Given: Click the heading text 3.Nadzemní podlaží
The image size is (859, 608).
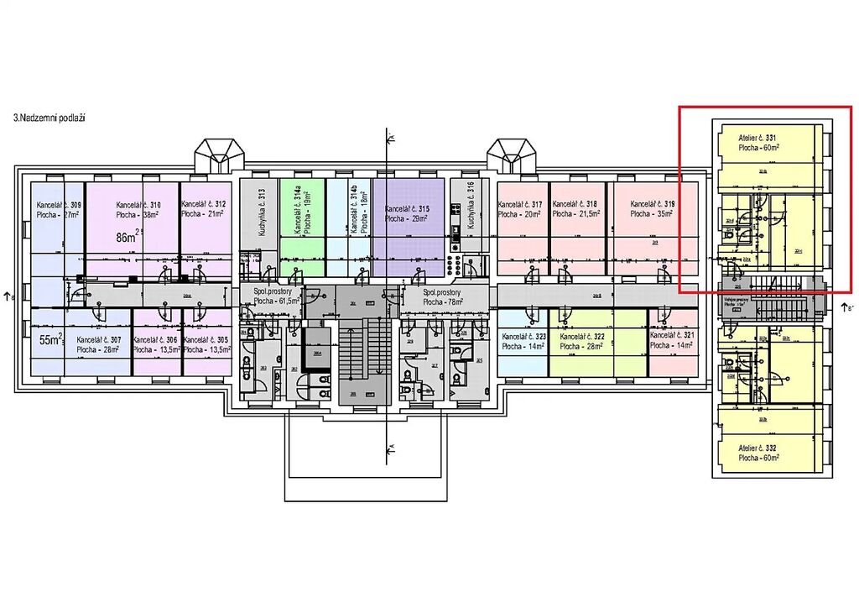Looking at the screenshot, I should (50, 119).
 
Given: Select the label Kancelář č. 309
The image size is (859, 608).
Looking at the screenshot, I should (59, 205).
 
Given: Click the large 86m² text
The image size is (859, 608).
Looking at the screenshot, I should (128, 238).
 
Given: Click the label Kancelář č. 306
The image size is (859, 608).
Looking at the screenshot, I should (155, 340).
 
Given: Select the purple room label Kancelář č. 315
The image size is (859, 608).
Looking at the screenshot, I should (407, 208).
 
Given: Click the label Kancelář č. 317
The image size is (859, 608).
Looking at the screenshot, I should (520, 204).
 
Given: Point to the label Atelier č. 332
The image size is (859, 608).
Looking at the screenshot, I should (759, 449).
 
